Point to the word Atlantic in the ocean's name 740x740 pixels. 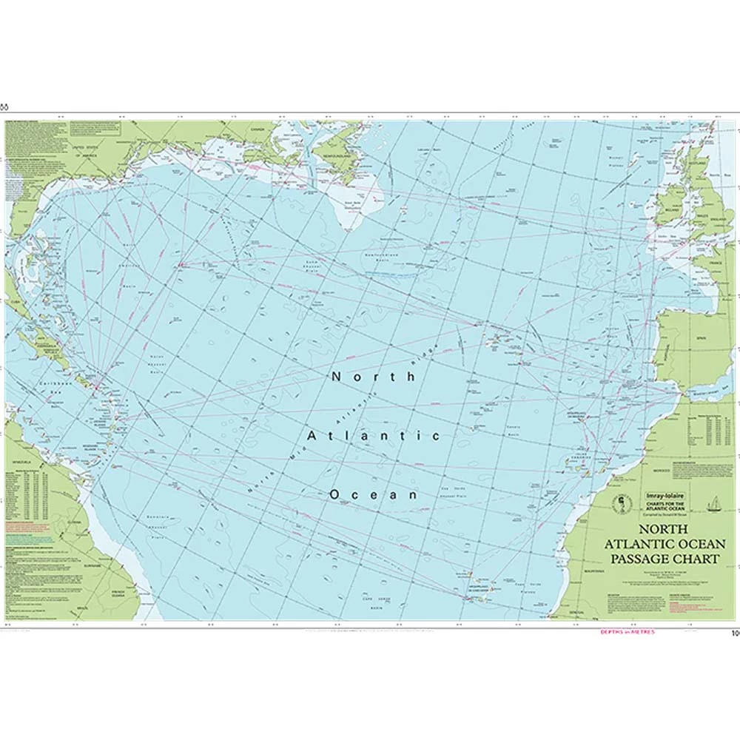tap(373, 435)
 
